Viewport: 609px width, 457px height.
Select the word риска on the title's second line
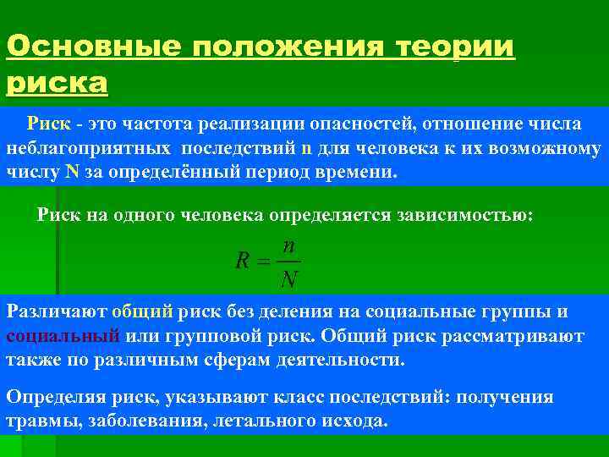pyautogui.click(x=58, y=83)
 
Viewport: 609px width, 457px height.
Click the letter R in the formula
pyautogui.click(x=242, y=262)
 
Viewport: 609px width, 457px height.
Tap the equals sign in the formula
pyautogui.click(x=263, y=262)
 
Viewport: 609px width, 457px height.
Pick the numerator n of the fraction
pyautogui.click(x=289, y=246)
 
